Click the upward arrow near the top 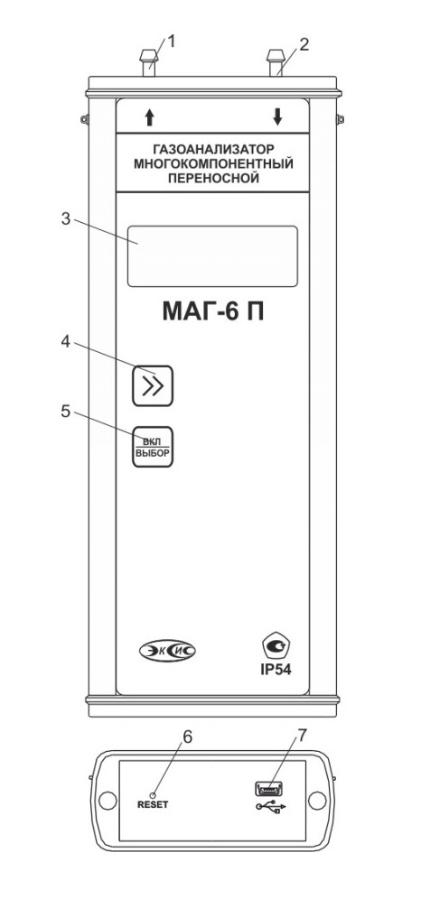tap(150, 117)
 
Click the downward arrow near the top tap(278, 117)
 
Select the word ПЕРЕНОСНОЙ tap(212, 179)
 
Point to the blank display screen tap(212, 256)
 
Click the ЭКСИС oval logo tap(168, 651)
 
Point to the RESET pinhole tap(153, 794)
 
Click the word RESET tap(154, 804)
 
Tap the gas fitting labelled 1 tap(149, 64)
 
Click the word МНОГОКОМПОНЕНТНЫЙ tap(212, 164)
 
